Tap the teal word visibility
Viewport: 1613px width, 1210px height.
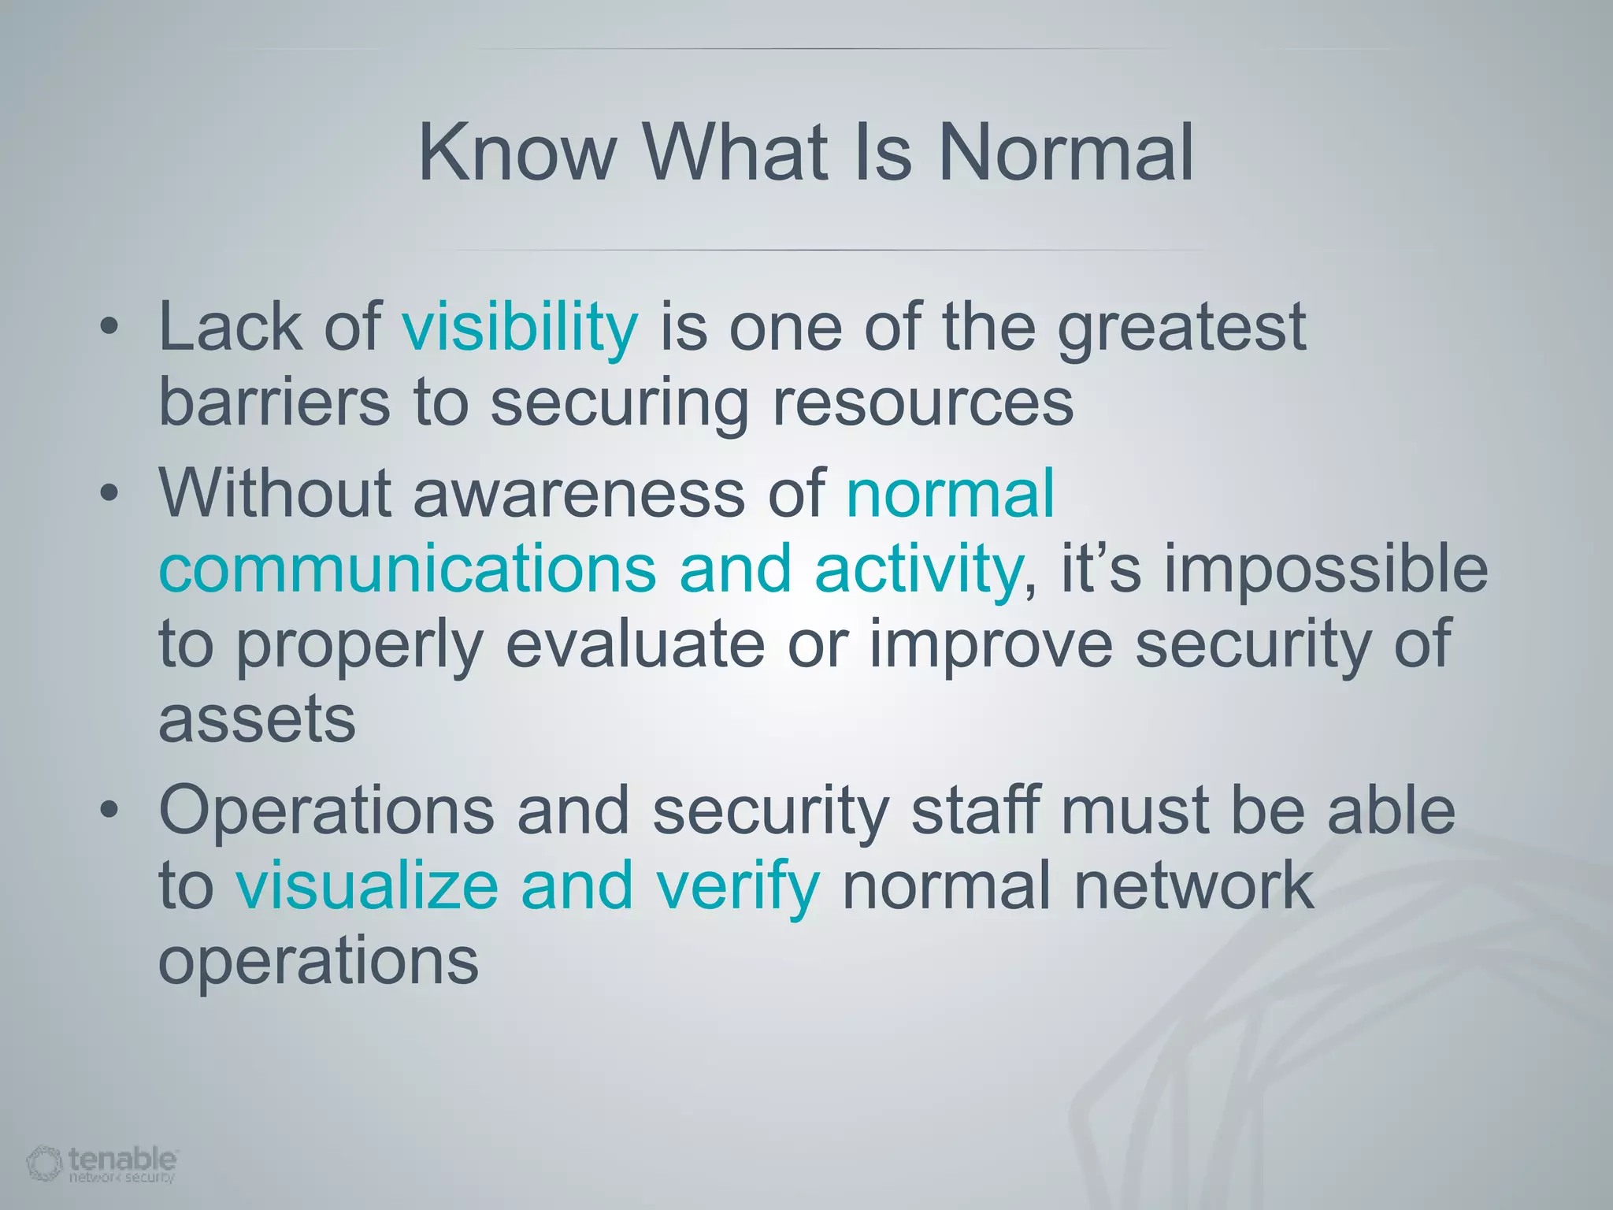520,328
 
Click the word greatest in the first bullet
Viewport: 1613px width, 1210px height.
1181,329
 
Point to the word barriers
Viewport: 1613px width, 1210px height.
274,402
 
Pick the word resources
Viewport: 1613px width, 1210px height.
923,403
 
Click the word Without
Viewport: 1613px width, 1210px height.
275,493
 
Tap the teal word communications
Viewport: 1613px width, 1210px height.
407,569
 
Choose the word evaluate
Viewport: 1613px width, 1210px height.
635,644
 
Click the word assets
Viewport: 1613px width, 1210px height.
257,720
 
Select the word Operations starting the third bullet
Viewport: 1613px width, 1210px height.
326,811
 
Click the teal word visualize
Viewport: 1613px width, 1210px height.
367,885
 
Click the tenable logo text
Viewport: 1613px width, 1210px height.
122,1159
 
